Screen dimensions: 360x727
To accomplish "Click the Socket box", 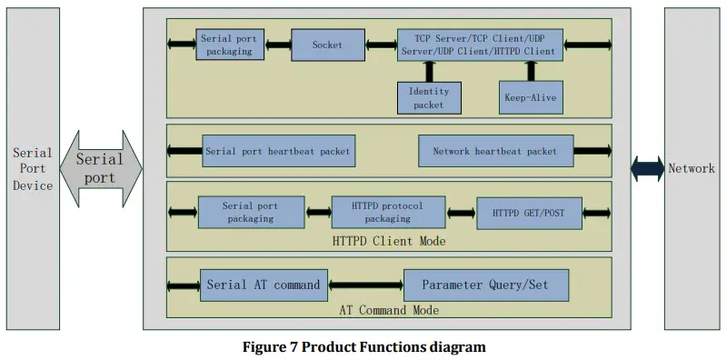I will click(x=327, y=45).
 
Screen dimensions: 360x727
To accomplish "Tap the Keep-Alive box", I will click(x=530, y=97).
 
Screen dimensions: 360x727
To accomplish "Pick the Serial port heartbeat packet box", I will click(x=277, y=150).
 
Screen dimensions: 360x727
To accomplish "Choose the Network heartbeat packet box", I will click(x=495, y=150).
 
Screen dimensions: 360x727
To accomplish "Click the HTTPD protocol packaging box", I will click(x=388, y=212).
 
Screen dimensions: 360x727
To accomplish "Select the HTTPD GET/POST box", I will click(x=528, y=213).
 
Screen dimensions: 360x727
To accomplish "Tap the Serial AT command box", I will click(x=264, y=285).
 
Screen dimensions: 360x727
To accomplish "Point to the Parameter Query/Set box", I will click(x=487, y=285).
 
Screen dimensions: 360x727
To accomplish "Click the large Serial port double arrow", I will click(x=101, y=168).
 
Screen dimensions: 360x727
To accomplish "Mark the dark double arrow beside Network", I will click(x=648, y=168).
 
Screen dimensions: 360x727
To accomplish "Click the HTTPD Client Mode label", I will click(x=388, y=241).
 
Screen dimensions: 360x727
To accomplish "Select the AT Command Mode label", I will click(x=388, y=311).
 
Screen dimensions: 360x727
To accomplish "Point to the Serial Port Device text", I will click(x=32, y=169).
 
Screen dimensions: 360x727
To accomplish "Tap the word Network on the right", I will click(x=692, y=168).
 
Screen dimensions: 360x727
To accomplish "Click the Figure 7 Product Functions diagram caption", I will click(x=363, y=346).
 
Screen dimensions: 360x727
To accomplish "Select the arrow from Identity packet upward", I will click(x=429, y=72).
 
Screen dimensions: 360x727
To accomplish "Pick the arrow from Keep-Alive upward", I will click(x=530, y=72).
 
